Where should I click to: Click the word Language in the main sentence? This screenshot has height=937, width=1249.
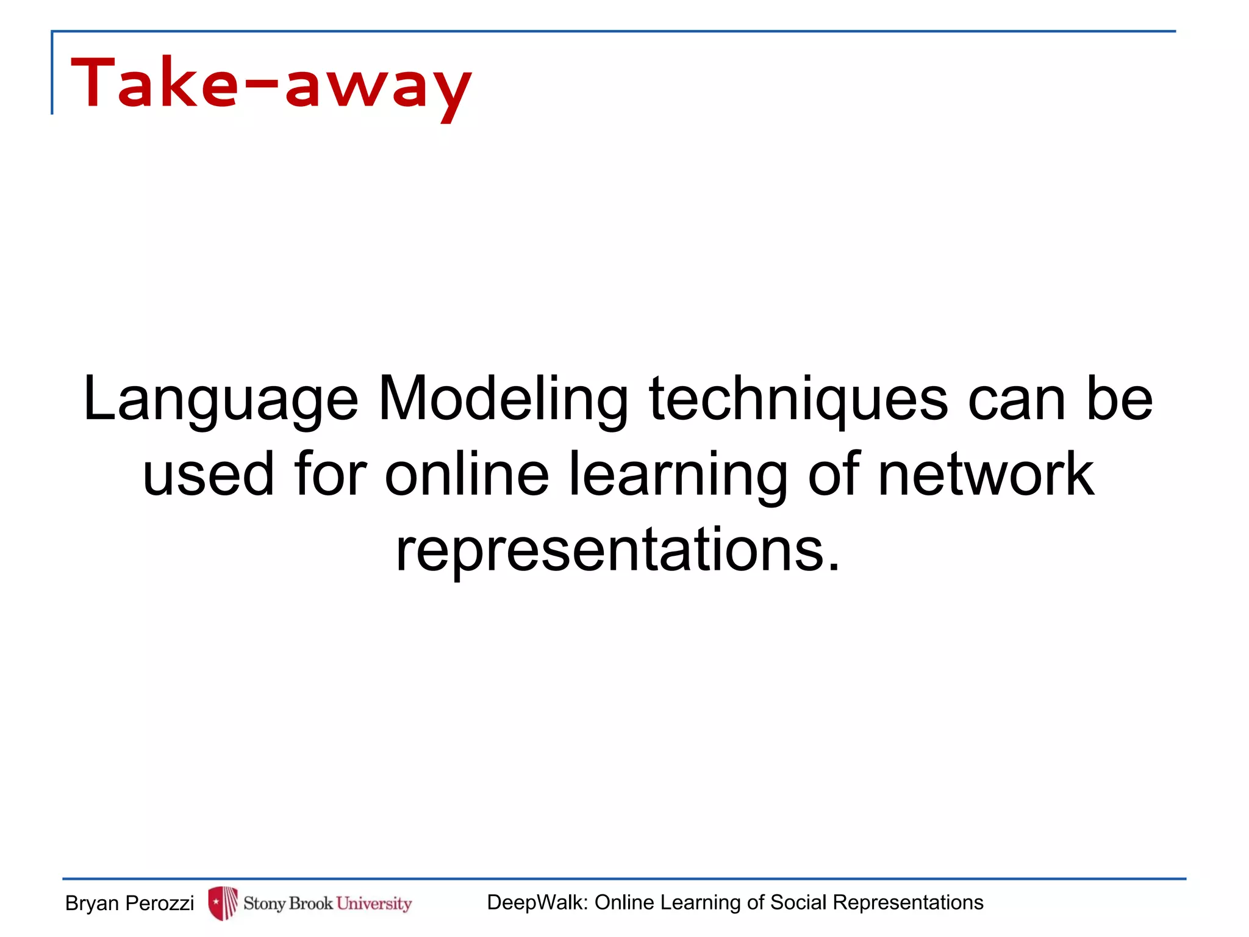click(x=220, y=400)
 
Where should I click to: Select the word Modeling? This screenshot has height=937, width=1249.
click(x=503, y=400)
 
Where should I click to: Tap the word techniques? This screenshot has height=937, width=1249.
click(x=798, y=400)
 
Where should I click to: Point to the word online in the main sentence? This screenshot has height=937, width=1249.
click(x=467, y=475)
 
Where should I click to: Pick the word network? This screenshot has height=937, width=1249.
click(x=986, y=475)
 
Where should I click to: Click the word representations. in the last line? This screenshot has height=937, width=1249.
click(x=618, y=550)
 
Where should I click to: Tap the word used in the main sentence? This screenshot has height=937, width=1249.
click(x=208, y=475)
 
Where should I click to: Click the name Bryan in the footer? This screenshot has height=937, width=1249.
click(x=92, y=903)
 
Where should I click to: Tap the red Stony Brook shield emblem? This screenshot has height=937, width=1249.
click(x=222, y=903)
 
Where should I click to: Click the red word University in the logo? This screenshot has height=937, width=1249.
click(x=374, y=903)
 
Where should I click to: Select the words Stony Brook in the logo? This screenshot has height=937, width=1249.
click(x=288, y=903)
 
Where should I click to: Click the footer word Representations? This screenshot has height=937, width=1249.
click(x=908, y=903)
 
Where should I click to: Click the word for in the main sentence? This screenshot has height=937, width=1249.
click(x=330, y=475)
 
